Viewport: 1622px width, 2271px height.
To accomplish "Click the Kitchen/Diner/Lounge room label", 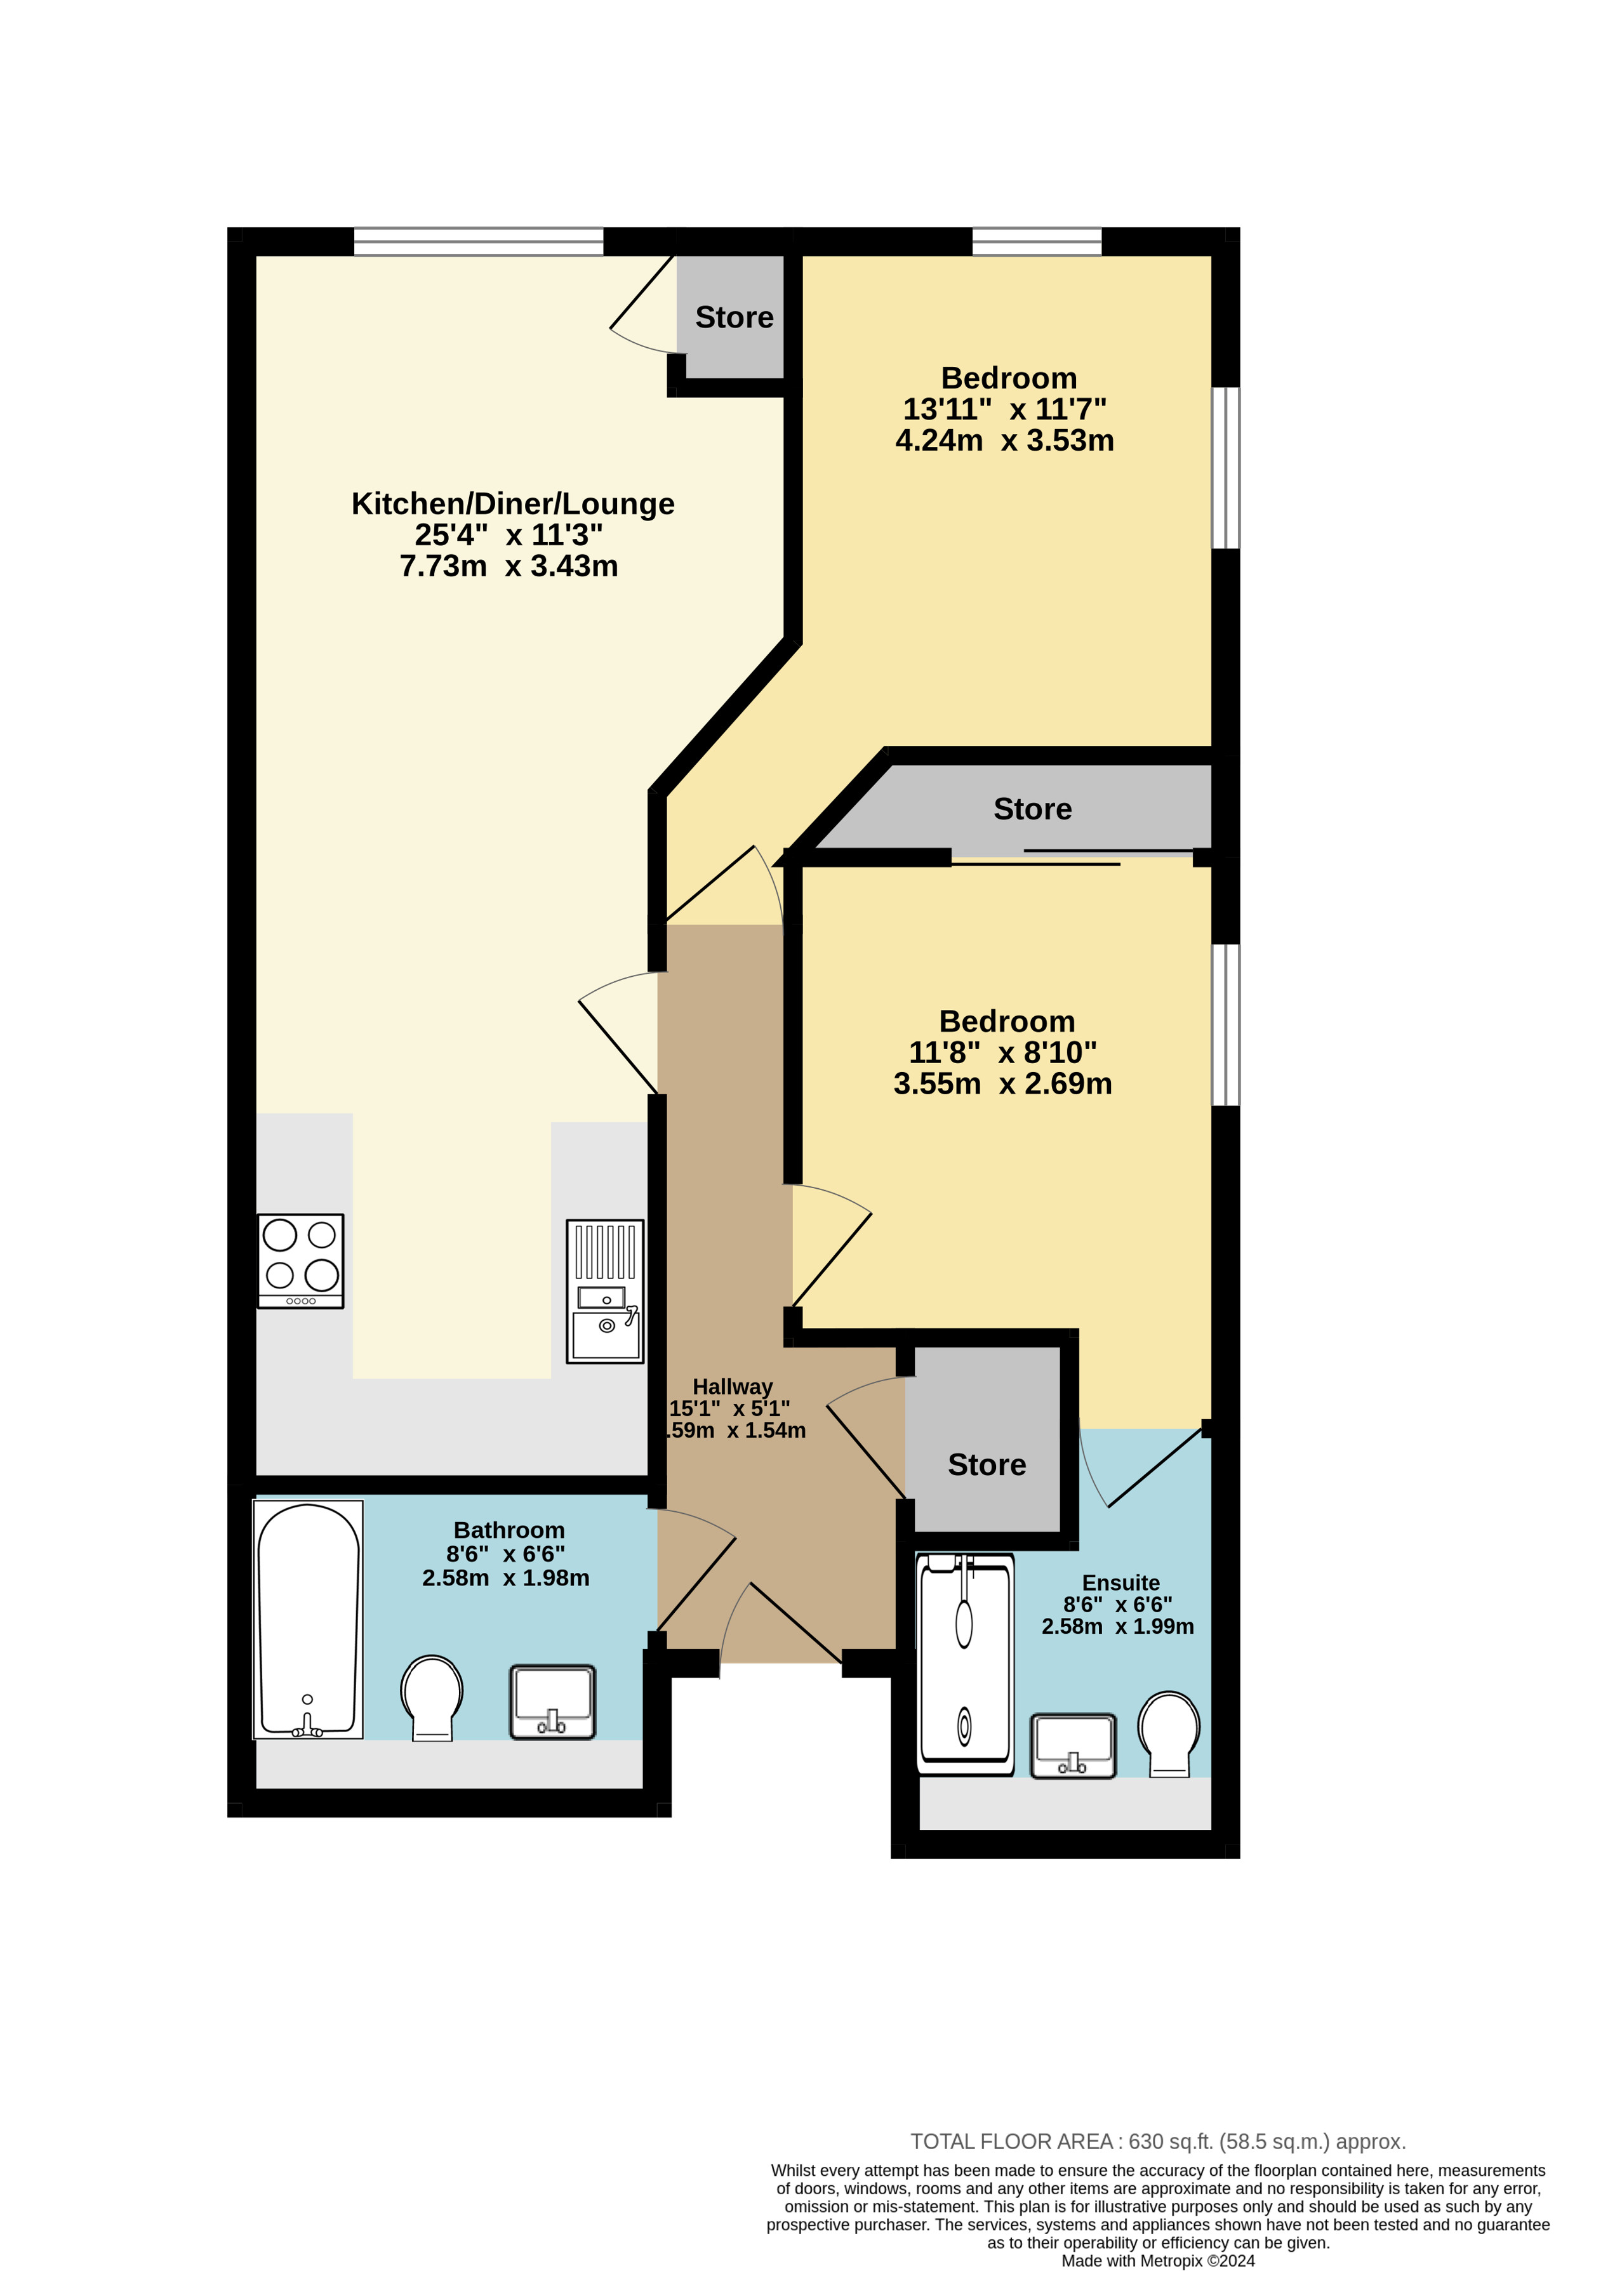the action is pos(512,503).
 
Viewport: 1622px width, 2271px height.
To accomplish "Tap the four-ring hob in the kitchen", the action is pos(301,1261).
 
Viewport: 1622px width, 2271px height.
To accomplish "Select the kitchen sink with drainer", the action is pos(605,1290).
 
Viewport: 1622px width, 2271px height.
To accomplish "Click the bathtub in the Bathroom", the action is pos(308,1619).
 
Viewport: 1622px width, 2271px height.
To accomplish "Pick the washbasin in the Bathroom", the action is pos(552,1701).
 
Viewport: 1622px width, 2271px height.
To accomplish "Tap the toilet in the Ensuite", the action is pos(1169,1733).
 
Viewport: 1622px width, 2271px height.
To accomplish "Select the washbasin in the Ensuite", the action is pos(1073,1745).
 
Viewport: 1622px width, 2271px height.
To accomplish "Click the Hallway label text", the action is pos(732,1386).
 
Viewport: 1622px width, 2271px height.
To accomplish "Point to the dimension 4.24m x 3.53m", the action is pos(1005,440).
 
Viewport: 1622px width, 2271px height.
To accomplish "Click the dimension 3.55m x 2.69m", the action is pos(1003,1083).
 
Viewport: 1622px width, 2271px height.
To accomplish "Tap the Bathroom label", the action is pos(509,1530).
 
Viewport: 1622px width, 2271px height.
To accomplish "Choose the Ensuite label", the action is pos(1120,1583).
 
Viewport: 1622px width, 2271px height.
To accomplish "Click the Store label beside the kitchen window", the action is pos(734,317).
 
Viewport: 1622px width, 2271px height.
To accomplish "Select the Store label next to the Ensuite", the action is pos(987,1464).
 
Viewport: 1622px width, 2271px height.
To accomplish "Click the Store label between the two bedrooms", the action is pos(1033,809).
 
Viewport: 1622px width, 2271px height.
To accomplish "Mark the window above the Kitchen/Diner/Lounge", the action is pos(479,242).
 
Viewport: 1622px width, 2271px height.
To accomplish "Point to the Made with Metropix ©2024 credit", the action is pos(1157,2261).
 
